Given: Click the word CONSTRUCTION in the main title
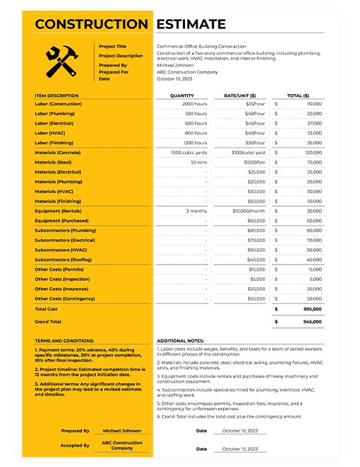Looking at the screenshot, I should point(91,25).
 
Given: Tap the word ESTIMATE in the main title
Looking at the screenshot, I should point(191,25).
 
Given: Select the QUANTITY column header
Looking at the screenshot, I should point(181,95).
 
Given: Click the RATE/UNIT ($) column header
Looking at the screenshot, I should point(240,95).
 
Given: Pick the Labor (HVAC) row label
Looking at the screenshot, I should point(52,133).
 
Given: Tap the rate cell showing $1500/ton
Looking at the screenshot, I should point(251,162).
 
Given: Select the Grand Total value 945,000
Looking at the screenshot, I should point(312,321).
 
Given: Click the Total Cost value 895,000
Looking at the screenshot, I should point(312,308).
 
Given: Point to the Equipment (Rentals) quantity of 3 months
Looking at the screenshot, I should point(196,211).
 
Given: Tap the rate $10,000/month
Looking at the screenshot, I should point(248,211).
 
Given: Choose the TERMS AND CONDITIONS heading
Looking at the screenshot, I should point(64,340).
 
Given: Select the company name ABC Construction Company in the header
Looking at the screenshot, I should point(187,72).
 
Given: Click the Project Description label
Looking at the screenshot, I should point(121,56).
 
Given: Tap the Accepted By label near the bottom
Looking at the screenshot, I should point(76,445).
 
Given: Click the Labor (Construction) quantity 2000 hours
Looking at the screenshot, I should point(195,104).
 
